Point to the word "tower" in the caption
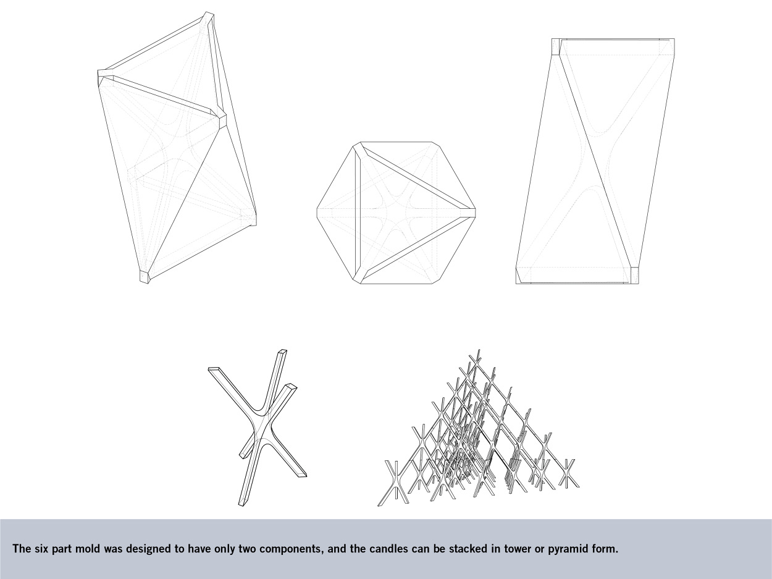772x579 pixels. pos(514,549)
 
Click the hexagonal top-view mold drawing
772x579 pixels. pos(396,213)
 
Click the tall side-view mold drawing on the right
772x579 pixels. pos(595,161)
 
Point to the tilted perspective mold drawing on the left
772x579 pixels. pos(177,148)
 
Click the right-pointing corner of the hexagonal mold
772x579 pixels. pos(475,213)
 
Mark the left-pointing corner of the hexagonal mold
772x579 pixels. pos(317,213)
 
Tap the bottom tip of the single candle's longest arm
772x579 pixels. pos(241,505)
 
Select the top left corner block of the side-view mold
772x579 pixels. pos(556,47)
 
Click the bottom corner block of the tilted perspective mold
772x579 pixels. pos(145,277)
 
